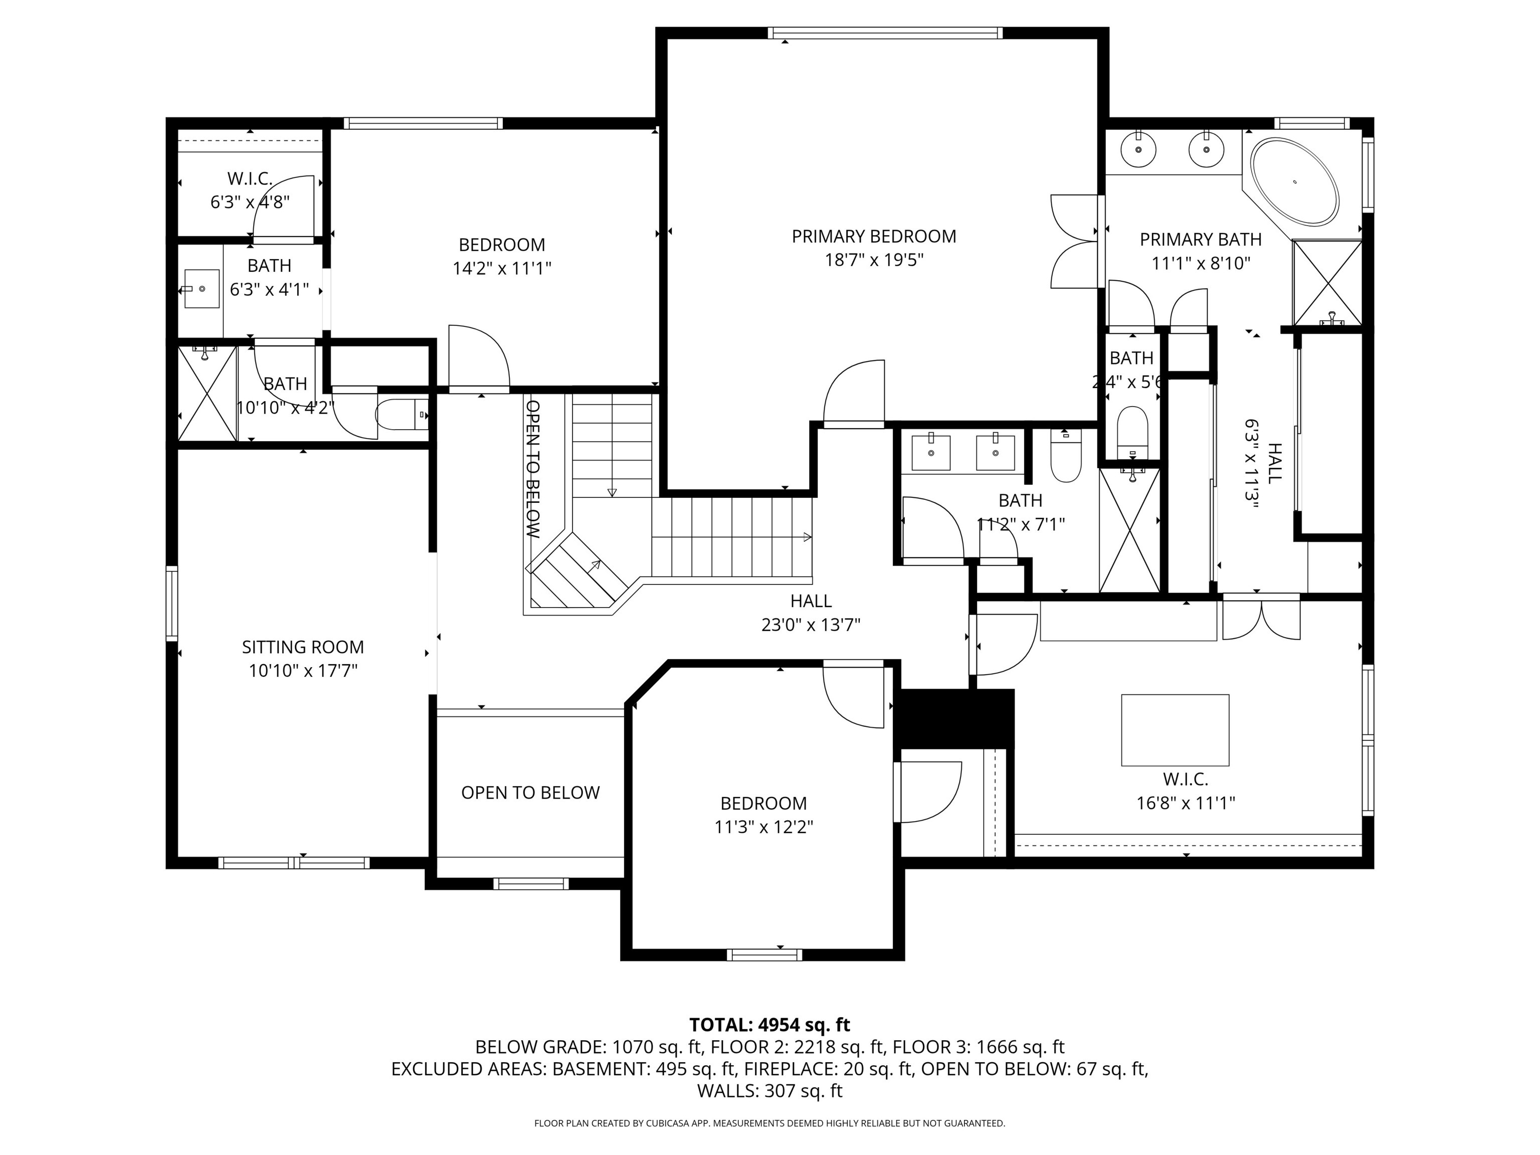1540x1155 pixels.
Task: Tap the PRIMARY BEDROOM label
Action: (874, 237)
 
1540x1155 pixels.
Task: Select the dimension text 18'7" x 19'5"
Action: (874, 260)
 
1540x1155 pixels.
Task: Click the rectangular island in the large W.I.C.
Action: (1175, 729)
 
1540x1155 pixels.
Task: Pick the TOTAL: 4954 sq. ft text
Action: (769, 1025)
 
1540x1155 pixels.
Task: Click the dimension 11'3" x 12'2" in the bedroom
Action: (764, 827)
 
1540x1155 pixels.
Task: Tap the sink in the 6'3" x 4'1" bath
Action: (201, 288)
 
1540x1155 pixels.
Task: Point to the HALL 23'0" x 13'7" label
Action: (811, 613)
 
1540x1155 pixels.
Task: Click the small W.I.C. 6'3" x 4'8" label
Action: (250, 190)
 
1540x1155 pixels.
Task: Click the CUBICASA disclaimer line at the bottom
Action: (769, 1123)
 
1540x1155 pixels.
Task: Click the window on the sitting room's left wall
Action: (171, 604)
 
